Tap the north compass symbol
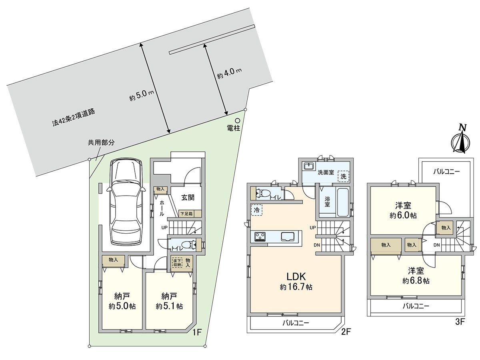[x=461, y=140]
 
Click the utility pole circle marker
[x=237, y=120]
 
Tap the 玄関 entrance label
[x=188, y=198]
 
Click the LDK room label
[x=296, y=276]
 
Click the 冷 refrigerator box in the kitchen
[x=256, y=210]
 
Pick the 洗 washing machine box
[x=343, y=176]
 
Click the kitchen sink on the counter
[x=288, y=237]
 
